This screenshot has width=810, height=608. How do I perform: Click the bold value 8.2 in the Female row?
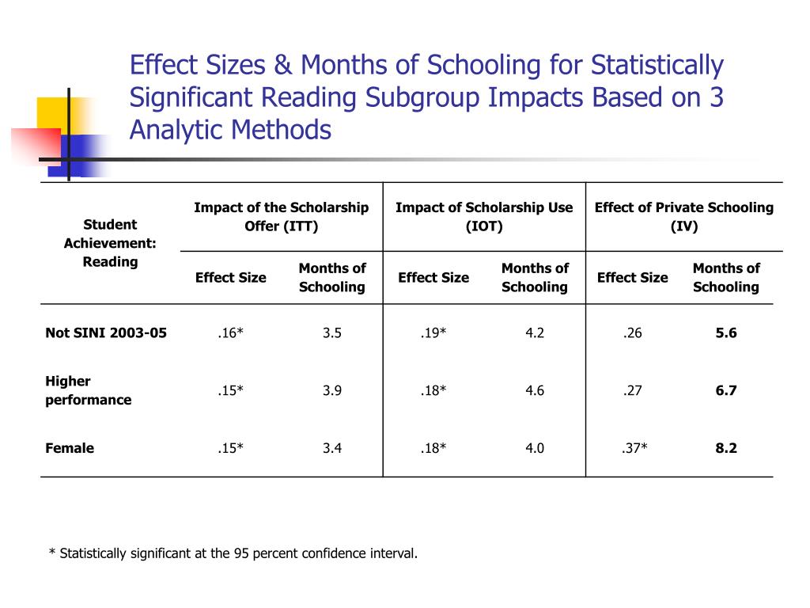[726, 448]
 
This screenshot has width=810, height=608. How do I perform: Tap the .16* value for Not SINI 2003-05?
[231, 332]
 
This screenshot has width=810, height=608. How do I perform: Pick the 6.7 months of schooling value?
[726, 390]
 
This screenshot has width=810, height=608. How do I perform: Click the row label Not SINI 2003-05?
[106, 332]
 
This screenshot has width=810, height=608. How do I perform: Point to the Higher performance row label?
[88, 390]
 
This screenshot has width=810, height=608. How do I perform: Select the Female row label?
[70, 448]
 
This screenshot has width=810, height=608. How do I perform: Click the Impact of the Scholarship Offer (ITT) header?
[281, 217]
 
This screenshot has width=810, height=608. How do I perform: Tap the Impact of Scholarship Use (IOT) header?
[484, 217]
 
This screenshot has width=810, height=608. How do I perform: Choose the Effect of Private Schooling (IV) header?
[683, 217]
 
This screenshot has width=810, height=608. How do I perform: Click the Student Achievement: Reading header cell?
[110, 243]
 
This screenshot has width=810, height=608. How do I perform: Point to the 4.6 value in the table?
[535, 390]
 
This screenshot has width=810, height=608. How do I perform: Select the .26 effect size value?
[632, 332]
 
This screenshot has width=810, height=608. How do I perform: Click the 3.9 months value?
[332, 390]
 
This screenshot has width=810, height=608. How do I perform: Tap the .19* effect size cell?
[433, 332]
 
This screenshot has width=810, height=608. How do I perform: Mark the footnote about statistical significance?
[233, 553]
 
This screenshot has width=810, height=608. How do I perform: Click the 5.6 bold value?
[726, 332]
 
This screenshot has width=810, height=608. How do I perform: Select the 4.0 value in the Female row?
[535, 448]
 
